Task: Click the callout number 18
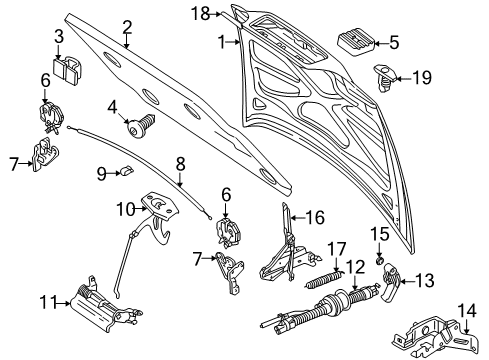click(x=199, y=13)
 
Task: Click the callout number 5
click(x=393, y=42)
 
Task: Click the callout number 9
click(x=102, y=174)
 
